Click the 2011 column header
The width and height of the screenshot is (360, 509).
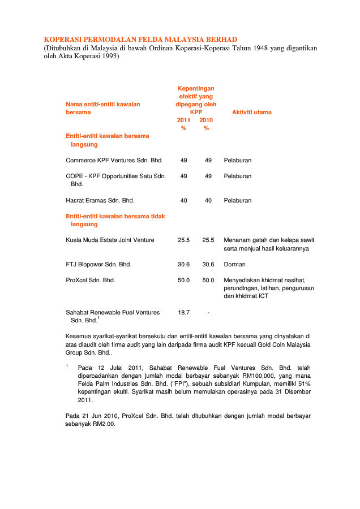point(184,120)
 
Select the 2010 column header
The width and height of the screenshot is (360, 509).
point(206,120)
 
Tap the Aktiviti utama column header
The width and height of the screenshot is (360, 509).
point(251,112)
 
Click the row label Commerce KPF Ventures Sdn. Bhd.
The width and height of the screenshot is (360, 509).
point(114,160)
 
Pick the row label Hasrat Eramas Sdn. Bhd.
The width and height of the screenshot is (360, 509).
point(100,200)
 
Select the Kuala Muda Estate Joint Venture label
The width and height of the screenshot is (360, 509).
point(110,240)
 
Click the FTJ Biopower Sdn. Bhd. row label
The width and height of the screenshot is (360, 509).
point(98,264)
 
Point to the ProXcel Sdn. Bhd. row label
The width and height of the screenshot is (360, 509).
point(91,280)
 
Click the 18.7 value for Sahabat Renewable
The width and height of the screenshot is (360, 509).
point(184,312)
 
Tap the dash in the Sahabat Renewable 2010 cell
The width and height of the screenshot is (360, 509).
point(208,312)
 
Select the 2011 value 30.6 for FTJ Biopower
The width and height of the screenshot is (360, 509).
point(184,264)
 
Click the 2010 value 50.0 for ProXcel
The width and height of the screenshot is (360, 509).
point(208,280)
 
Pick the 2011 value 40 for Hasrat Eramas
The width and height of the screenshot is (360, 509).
point(184,200)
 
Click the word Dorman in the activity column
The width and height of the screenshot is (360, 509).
point(234,264)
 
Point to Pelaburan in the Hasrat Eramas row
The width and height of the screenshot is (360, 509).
point(238,200)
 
